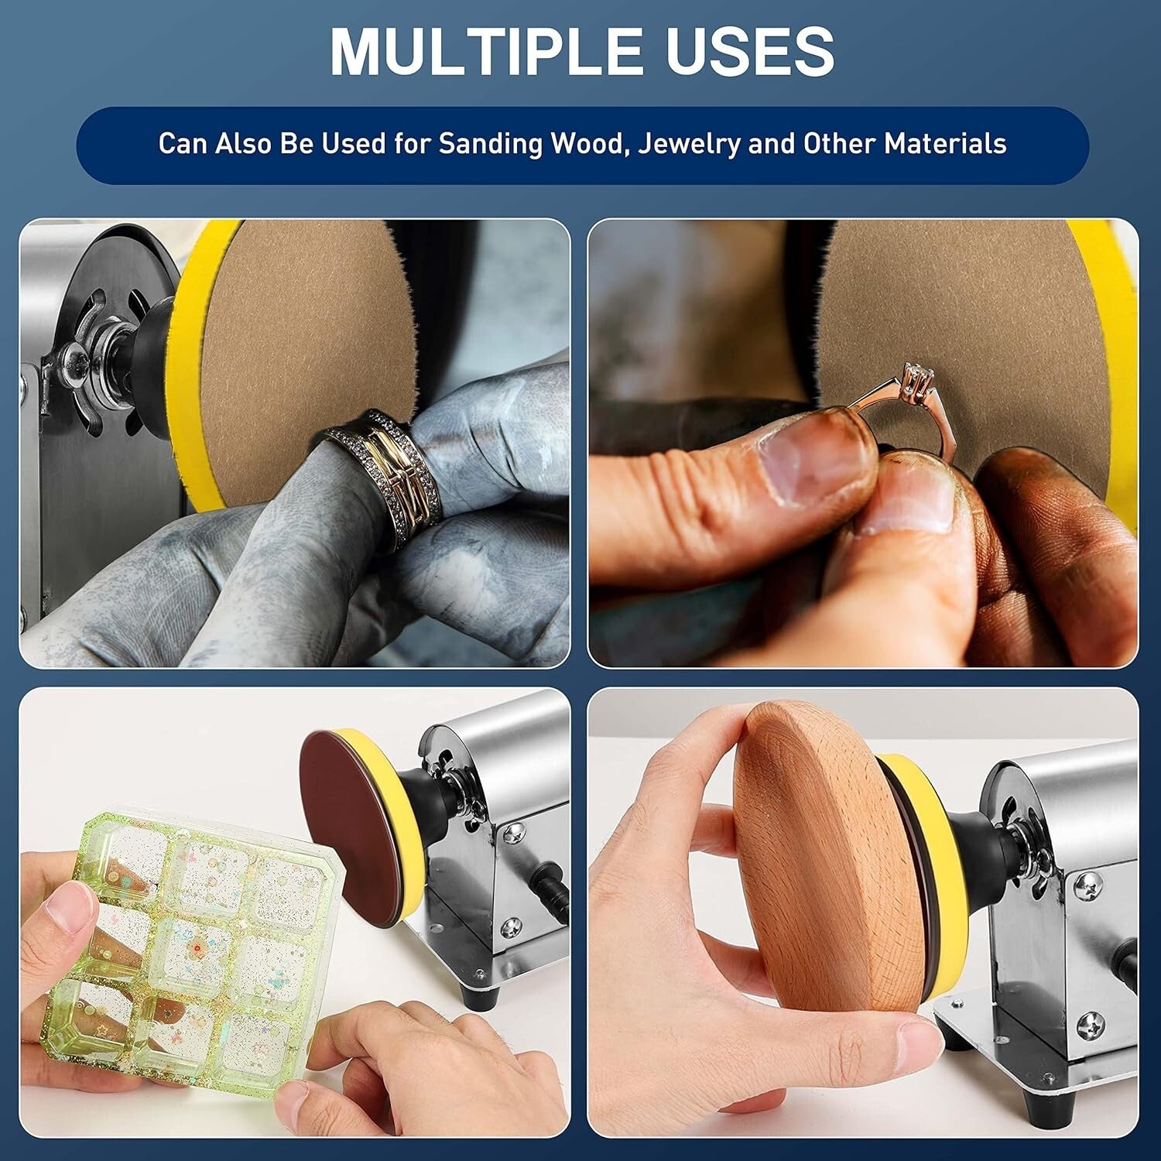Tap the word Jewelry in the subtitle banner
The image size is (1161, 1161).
click(x=688, y=144)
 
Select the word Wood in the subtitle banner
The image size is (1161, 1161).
click(x=588, y=144)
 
